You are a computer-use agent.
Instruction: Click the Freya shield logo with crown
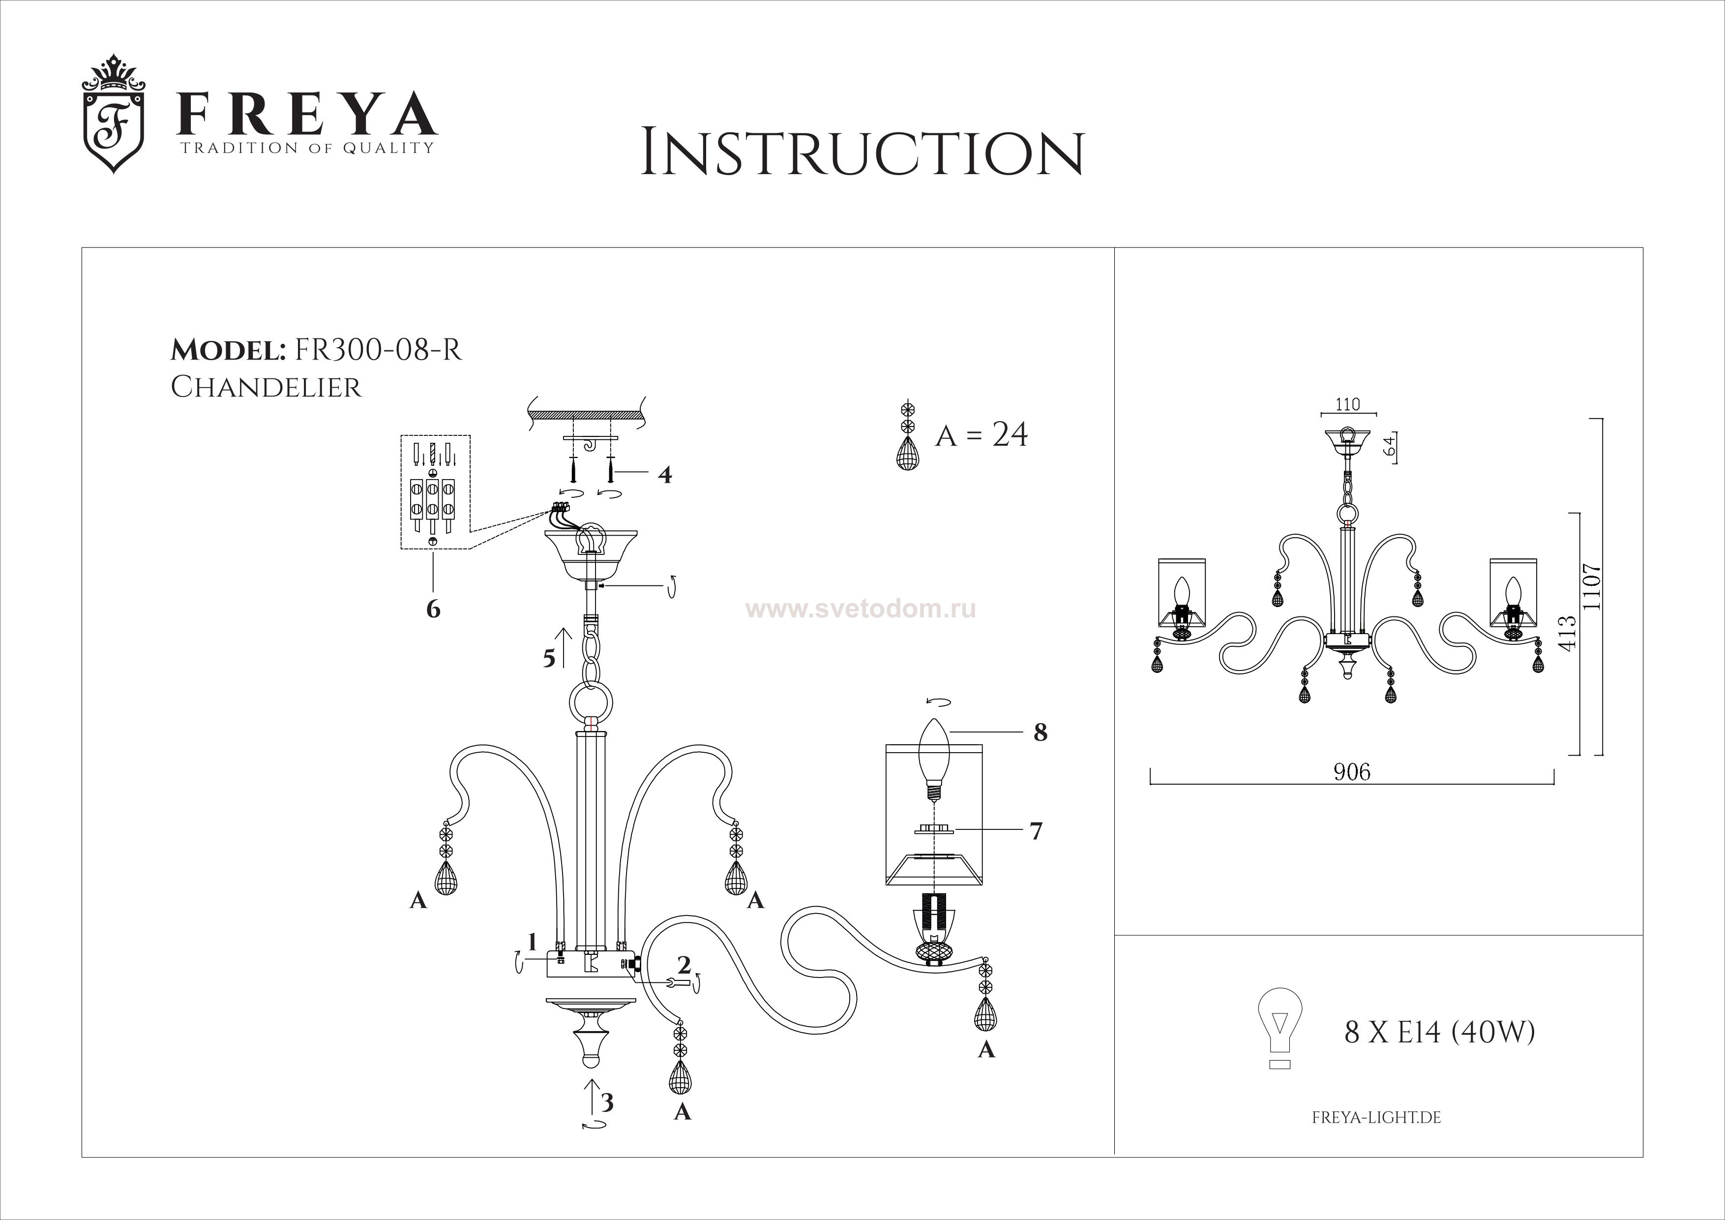pyautogui.click(x=113, y=114)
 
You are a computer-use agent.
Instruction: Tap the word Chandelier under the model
pyautogui.click(x=266, y=387)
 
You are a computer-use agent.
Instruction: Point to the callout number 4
pyautogui.click(x=664, y=475)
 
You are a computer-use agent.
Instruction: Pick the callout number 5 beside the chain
pyautogui.click(x=550, y=659)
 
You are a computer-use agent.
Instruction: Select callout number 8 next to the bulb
pyautogui.click(x=1040, y=732)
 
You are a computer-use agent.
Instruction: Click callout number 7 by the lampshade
pyautogui.click(x=1036, y=831)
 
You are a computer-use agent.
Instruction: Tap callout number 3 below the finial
pyautogui.click(x=607, y=1103)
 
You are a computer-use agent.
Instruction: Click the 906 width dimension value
pyautogui.click(x=1352, y=772)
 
